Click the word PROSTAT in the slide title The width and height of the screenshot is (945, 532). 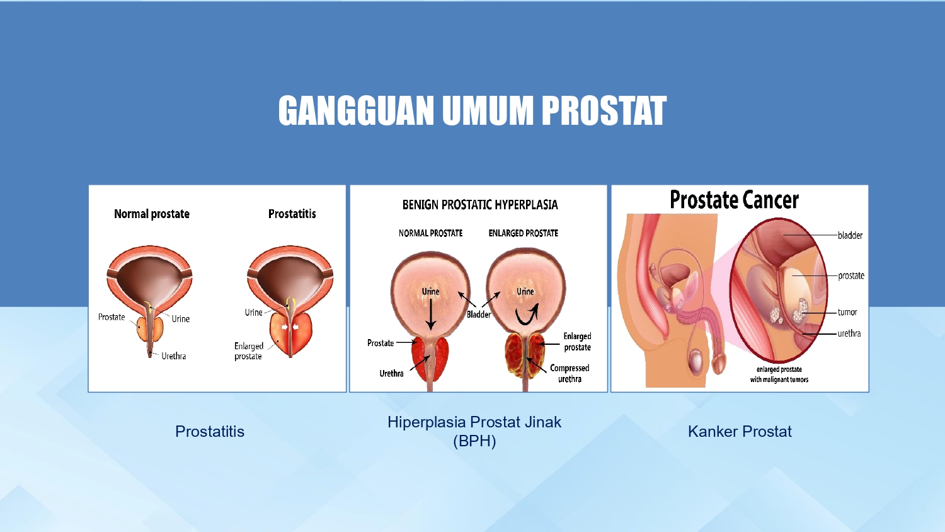604,110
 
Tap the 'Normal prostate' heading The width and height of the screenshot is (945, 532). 152,214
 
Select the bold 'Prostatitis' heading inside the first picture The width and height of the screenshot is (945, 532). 292,214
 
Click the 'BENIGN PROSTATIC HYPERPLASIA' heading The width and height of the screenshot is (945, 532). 480,205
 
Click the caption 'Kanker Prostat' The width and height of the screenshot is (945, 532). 740,432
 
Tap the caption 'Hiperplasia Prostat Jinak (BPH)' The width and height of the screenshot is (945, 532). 474,431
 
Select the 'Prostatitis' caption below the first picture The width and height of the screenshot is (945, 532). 210,432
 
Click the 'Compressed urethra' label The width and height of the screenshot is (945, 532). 570,373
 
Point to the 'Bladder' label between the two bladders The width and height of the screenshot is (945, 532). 479,315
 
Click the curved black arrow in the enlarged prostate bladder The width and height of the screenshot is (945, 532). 528,315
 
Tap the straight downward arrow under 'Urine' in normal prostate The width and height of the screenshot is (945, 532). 430,314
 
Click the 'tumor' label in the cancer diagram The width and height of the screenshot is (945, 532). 847,312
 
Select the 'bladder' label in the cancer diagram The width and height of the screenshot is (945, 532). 850,235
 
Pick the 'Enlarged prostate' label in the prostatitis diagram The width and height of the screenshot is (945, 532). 248,351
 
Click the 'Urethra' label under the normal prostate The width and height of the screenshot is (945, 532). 173,356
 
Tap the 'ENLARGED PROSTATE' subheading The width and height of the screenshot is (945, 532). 523,233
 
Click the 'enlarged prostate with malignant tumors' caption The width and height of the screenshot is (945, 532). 779,374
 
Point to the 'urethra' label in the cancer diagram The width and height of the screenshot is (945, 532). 849,333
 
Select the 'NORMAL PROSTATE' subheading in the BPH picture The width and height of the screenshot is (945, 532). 430,233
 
